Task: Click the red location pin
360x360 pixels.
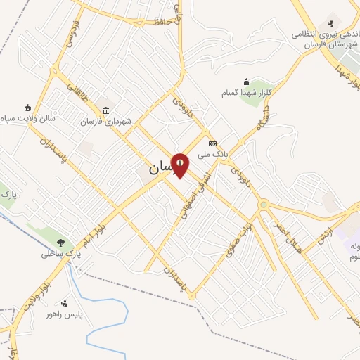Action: pyautogui.click(x=180, y=165)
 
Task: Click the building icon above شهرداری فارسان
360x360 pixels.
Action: pyautogui.click(x=105, y=110)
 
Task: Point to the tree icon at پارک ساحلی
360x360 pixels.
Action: pyautogui.click(x=61, y=243)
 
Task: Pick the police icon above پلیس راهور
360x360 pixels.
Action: pyautogui.click(x=64, y=303)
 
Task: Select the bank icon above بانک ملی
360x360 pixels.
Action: pyautogui.click(x=212, y=143)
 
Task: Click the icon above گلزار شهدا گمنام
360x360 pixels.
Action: pyautogui.click(x=246, y=82)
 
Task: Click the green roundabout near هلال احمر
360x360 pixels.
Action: pyautogui.click(x=264, y=205)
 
